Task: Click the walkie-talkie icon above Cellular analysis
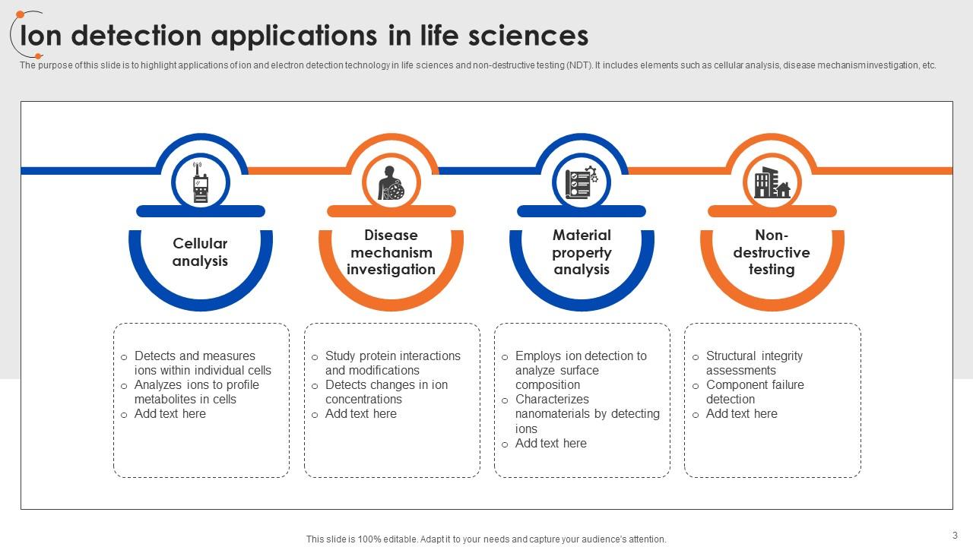pos(201,183)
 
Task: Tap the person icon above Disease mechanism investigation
pos(391,183)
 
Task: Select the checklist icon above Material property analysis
pos(582,183)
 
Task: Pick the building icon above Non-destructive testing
pos(772,183)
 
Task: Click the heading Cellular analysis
pos(200,252)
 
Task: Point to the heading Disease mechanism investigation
pos(391,252)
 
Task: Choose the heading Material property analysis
pos(582,252)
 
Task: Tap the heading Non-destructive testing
pos(772,252)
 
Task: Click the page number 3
pos(955,535)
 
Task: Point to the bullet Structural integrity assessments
pos(753,363)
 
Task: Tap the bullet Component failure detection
pos(754,392)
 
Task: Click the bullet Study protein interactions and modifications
pos(392,363)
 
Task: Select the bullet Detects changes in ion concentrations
pos(386,392)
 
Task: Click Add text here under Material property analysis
pos(550,444)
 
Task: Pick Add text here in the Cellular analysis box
pos(170,414)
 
